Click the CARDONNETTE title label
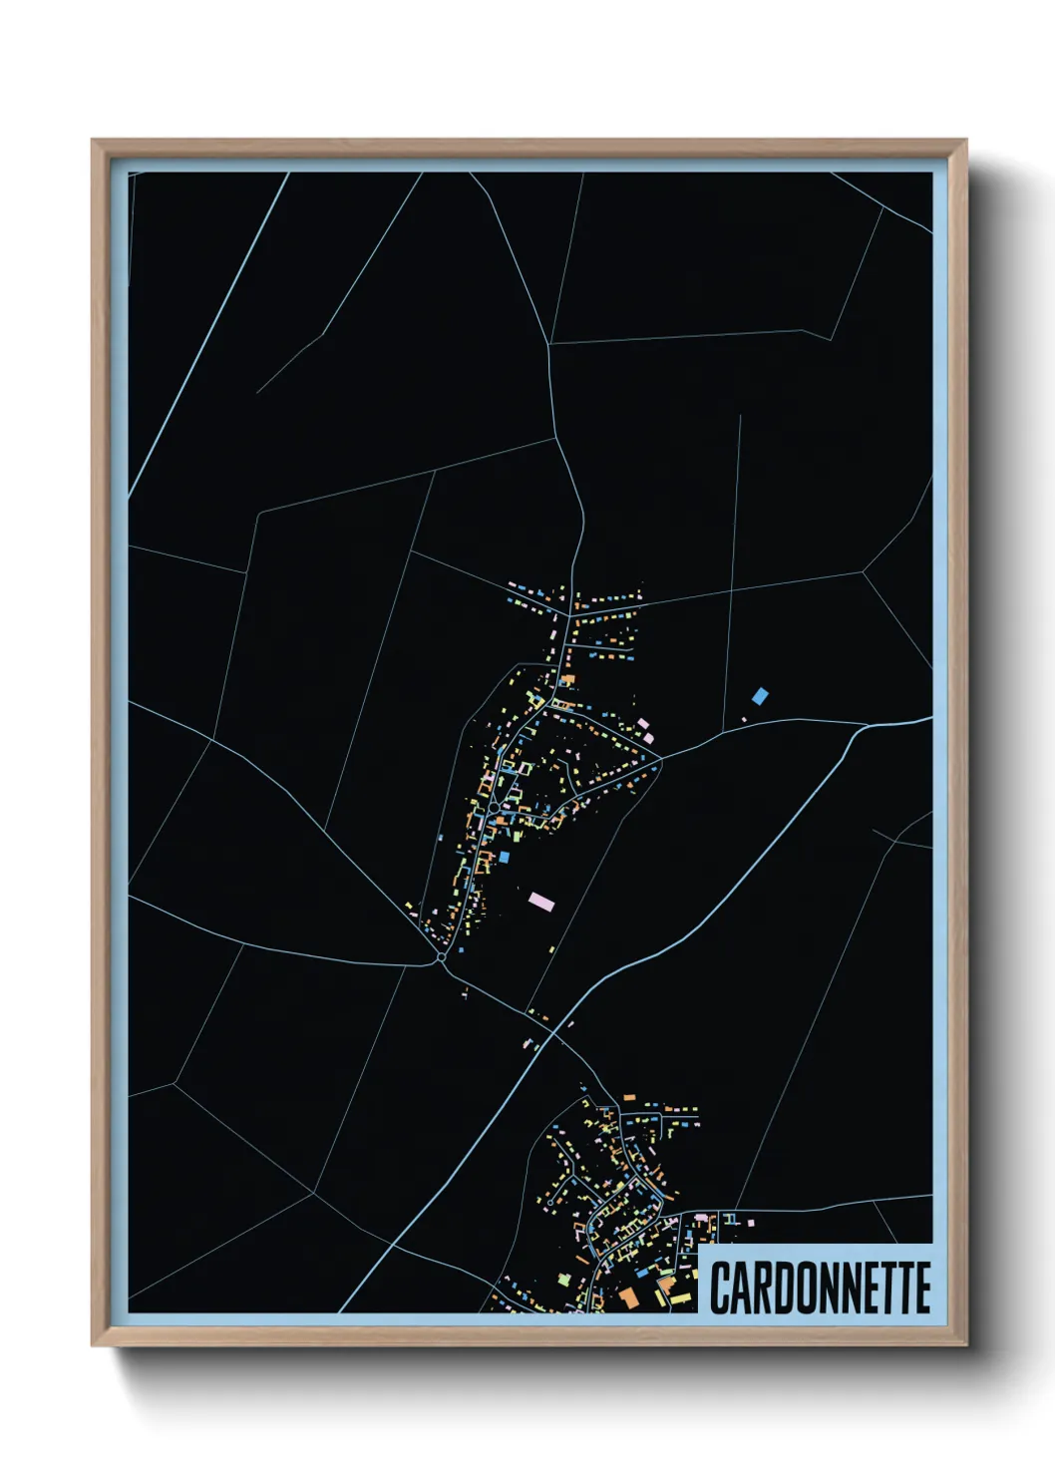click(x=820, y=1288)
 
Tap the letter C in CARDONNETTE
click(x=721, y=1288)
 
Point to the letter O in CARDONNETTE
click(x=803, y=1288)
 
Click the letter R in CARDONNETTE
click(x=762, y=1288)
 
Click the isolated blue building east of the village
click(x=761, y=695)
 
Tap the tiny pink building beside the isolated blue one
click(x=744, y=718)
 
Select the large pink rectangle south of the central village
click(x=540, y=902)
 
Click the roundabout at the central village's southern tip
click(x=441, y=957)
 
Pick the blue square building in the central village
click(x=505, y=857)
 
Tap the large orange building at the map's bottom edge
click(x=628, y=1296)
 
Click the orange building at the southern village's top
click(x=629, y=1097)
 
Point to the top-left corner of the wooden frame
click(x=93, y=141)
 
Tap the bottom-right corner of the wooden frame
click(x=965, y=1344)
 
